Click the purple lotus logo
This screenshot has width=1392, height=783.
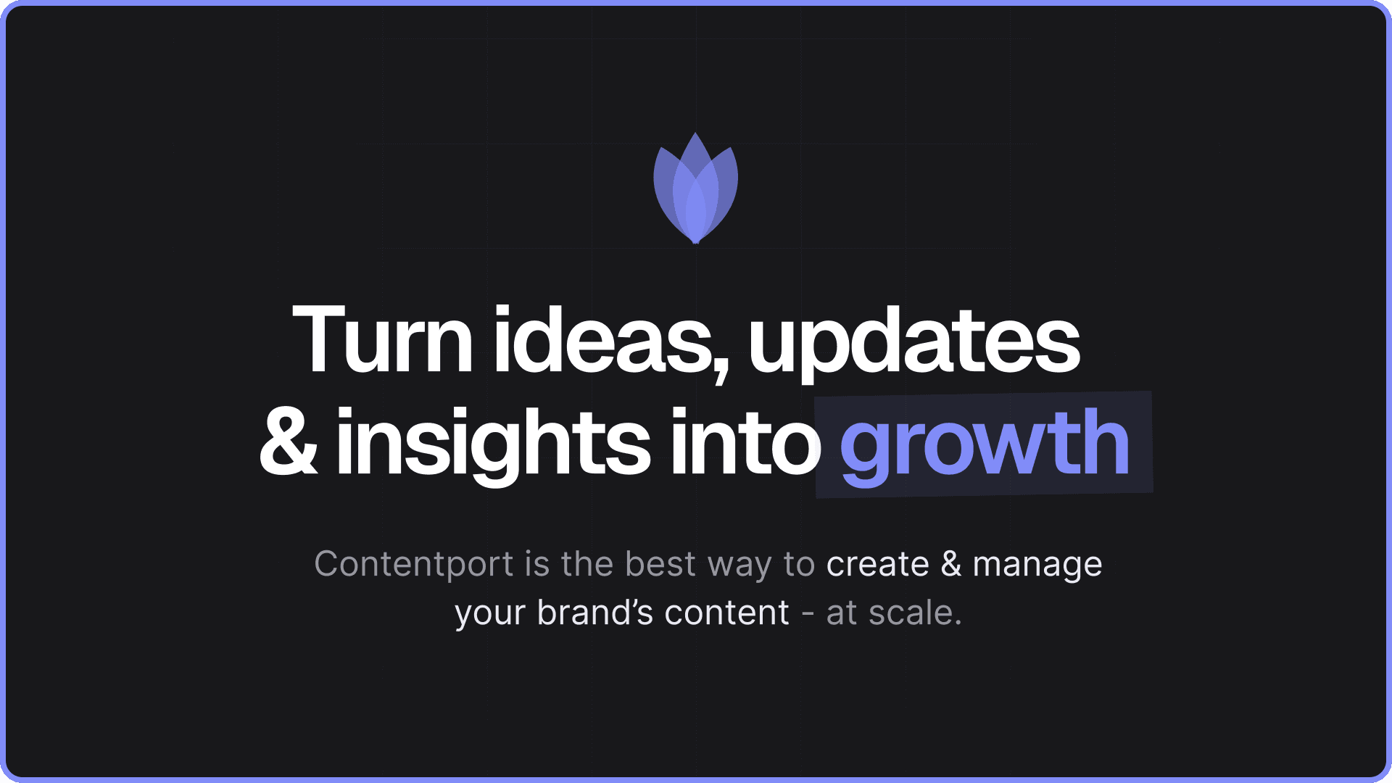pos(696,188)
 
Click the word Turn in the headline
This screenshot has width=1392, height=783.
pos(383,339)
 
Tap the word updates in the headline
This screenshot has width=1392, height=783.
pos(914,344)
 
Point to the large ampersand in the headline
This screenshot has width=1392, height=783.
pos(289,442)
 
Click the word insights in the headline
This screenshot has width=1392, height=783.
pos(493,444)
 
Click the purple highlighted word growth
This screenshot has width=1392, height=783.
pos(985,444)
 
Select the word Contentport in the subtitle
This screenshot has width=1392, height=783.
pos(414,564)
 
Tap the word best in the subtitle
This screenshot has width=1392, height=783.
pos(660,564)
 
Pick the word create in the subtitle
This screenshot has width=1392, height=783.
pos(877,565)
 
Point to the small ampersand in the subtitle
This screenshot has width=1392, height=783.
pos(951,564)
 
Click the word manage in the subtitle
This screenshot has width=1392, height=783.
pos(1037,567)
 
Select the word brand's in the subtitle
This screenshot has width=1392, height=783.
pos(595,613)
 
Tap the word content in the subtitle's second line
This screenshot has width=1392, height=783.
pos(726,613)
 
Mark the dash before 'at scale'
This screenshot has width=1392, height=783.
pos(808,615)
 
